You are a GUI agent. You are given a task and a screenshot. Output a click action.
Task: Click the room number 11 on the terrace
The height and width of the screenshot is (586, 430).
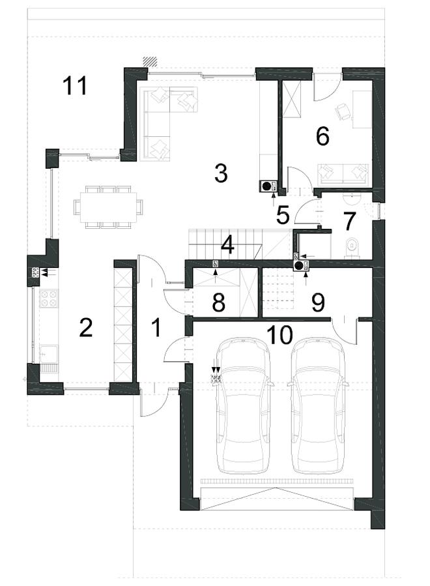pos(75,85)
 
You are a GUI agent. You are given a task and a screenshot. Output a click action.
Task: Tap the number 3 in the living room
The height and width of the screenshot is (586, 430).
pos(221,173)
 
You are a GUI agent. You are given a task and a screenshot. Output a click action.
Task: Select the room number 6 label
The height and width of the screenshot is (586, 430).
pos(322,136)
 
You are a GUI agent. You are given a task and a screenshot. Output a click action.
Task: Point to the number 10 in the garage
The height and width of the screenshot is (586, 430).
pos(280,335)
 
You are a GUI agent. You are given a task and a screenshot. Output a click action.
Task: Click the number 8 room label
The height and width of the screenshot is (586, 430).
pos(218,302)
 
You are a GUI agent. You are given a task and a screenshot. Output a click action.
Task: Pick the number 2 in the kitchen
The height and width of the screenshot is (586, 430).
pos(86,328)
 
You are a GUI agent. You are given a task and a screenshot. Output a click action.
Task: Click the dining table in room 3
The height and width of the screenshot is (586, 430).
pos(108,206)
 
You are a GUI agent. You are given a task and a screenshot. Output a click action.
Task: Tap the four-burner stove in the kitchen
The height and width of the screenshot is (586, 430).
pos(49,299)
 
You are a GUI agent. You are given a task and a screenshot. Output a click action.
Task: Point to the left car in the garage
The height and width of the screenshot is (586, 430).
pos(244,405)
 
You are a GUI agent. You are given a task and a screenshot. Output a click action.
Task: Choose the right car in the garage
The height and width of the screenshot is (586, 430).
pos(319,405)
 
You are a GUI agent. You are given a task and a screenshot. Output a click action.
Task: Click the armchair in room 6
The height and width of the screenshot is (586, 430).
pos(343,111)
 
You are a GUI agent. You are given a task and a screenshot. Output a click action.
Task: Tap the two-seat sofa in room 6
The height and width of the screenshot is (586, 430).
pos(343,175)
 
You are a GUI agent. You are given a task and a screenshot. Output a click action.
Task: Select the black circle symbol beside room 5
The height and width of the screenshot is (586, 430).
pos(266,186)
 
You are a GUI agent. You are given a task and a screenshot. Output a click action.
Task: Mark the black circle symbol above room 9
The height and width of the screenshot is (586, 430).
pos(299,266)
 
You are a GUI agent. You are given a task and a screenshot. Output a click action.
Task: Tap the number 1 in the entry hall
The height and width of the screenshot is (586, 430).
pos(156,327)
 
